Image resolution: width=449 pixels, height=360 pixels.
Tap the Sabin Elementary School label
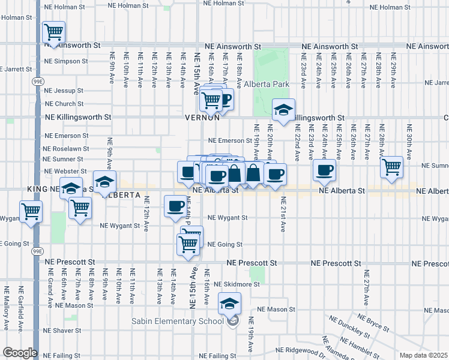click(179, 321)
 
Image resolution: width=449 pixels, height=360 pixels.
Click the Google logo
click(19, 353)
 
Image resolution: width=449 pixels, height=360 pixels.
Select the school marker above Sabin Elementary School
click(229, 304)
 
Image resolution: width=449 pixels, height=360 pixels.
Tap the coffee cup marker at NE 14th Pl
click(175, 206)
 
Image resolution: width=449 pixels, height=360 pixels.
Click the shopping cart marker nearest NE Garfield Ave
click(30, 211)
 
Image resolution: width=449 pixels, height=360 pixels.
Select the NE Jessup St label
click(63, 91)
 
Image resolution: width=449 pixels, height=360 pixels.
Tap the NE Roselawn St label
click(65, 148)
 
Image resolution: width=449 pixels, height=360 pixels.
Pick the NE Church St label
click(63, 103)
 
